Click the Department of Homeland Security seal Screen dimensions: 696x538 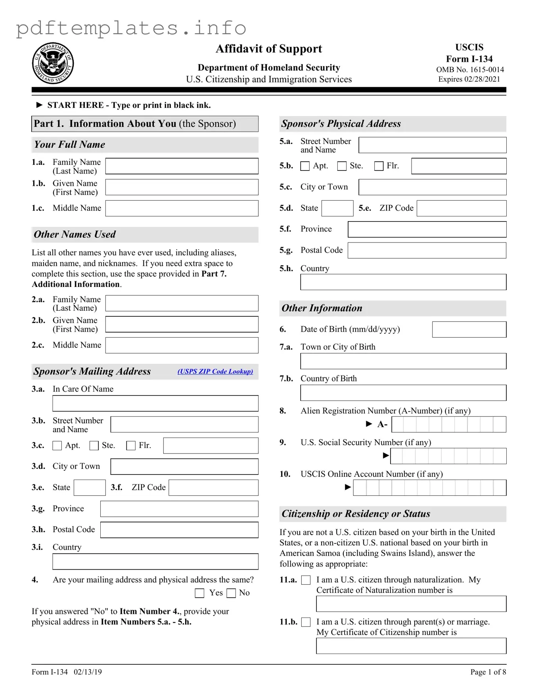53,63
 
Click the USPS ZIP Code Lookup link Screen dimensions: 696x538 215,371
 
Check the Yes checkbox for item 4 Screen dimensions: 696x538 199,593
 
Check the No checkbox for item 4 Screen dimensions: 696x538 232,593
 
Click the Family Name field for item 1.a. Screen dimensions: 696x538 182,166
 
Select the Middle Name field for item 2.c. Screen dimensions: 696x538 182,345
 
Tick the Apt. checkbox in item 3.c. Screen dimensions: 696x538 57,446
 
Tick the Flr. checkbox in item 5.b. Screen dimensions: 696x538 379,166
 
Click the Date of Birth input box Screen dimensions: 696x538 469,329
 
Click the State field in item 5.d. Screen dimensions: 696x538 337,208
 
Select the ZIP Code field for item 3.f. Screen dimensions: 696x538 213,488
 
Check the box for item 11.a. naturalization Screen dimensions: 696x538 306,580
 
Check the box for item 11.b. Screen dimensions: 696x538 306,622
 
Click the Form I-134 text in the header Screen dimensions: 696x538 469,59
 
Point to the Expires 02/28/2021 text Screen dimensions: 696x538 469,79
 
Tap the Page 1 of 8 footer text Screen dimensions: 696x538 488,672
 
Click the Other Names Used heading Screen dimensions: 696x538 75,234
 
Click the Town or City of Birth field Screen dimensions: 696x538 403,361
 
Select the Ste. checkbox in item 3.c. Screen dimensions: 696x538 94,446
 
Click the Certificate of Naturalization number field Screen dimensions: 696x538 411,604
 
